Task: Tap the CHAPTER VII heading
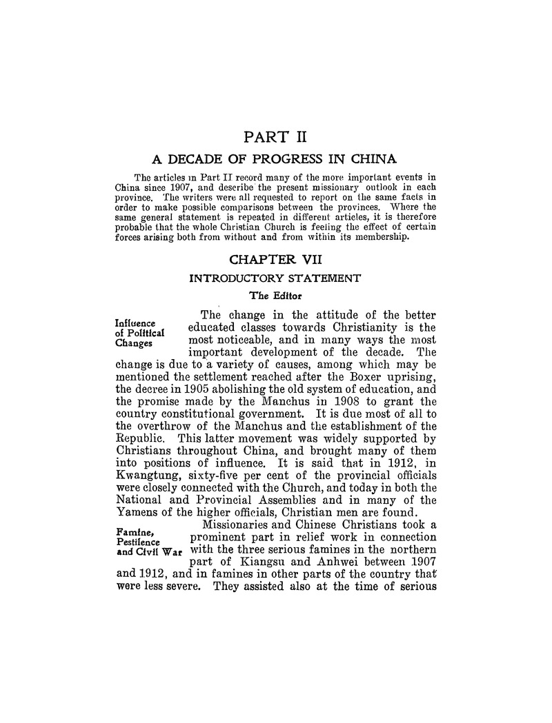[x=275, y=261]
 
